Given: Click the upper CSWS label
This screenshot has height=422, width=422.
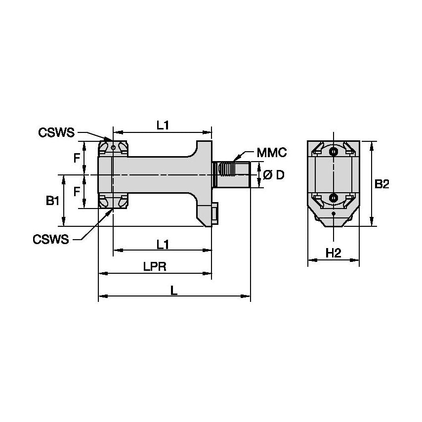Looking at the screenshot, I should (56, 132).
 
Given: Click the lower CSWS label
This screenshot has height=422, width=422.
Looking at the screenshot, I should (51, 239).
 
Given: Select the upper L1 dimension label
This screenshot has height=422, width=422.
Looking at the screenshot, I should (163, 125).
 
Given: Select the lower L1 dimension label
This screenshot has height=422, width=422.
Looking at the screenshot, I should (163, 244).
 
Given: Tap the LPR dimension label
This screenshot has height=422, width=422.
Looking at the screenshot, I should (154, 266).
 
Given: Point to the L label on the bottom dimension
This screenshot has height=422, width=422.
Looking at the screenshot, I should (174, 291).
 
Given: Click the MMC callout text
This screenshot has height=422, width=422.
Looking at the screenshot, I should (272, 153).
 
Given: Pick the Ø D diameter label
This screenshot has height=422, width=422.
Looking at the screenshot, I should (273, 175).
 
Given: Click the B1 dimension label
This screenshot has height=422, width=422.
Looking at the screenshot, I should (53, 200).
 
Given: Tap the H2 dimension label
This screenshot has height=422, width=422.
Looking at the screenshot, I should (334, 253).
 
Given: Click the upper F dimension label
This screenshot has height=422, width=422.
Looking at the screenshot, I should (77, 158).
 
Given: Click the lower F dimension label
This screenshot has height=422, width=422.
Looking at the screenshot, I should (77, 191).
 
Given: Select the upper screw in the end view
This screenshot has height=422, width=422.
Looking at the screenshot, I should (334, 151).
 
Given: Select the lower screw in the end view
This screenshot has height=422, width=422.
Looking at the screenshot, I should (334, 198).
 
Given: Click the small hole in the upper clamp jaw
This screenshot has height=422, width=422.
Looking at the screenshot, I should (113, 147).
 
